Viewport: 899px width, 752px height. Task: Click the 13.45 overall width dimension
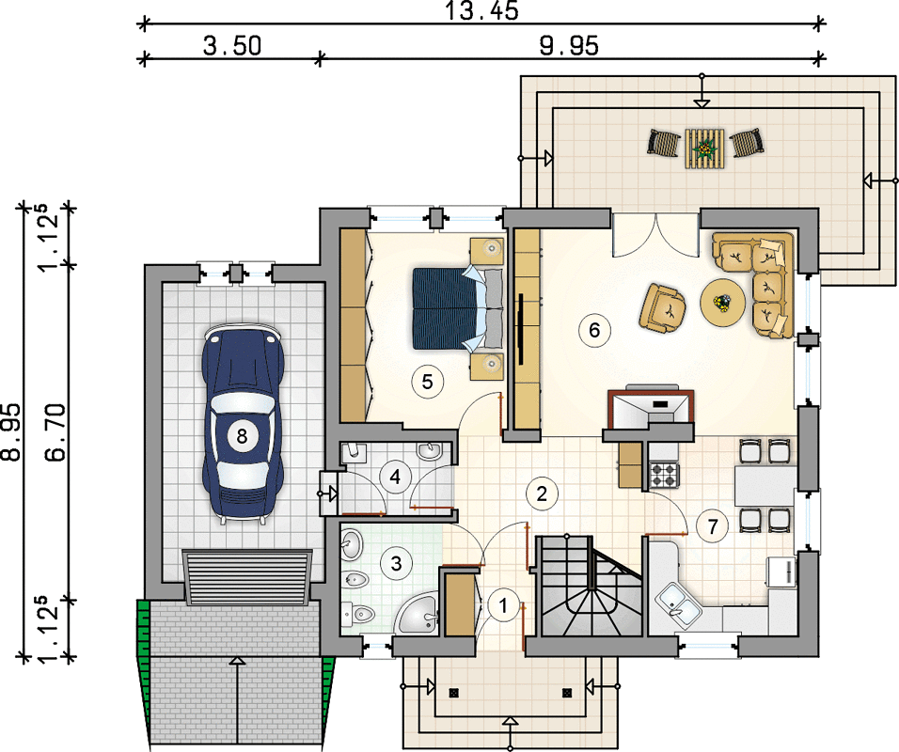[x=481, y=11]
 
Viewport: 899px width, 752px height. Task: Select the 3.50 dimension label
[x=232, y=46]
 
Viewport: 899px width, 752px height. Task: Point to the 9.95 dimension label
[x=569, y=46]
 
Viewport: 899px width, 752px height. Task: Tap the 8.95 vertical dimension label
[x=11, y=432]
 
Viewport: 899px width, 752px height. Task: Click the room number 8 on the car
[x=242, y=436]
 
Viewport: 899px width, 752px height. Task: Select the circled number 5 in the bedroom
[x=427, y=381]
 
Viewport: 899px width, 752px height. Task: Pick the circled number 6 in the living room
[x=594, y=330]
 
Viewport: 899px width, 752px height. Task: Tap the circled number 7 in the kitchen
[x=713, y=526]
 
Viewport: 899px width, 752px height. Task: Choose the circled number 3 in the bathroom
[x=396, y=563]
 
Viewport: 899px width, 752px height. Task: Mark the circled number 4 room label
[x=396, y=477]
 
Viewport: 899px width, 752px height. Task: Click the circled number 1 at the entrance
[x=503, y=605]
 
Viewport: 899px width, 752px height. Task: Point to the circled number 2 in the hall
[x=542, y=493]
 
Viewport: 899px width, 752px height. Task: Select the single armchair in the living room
[x=663, y=307]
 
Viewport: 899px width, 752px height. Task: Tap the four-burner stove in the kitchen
[x=663, y=475]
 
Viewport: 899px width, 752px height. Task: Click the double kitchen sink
[x=678, y=603]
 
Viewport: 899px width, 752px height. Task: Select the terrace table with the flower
[x=704, y=148]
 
